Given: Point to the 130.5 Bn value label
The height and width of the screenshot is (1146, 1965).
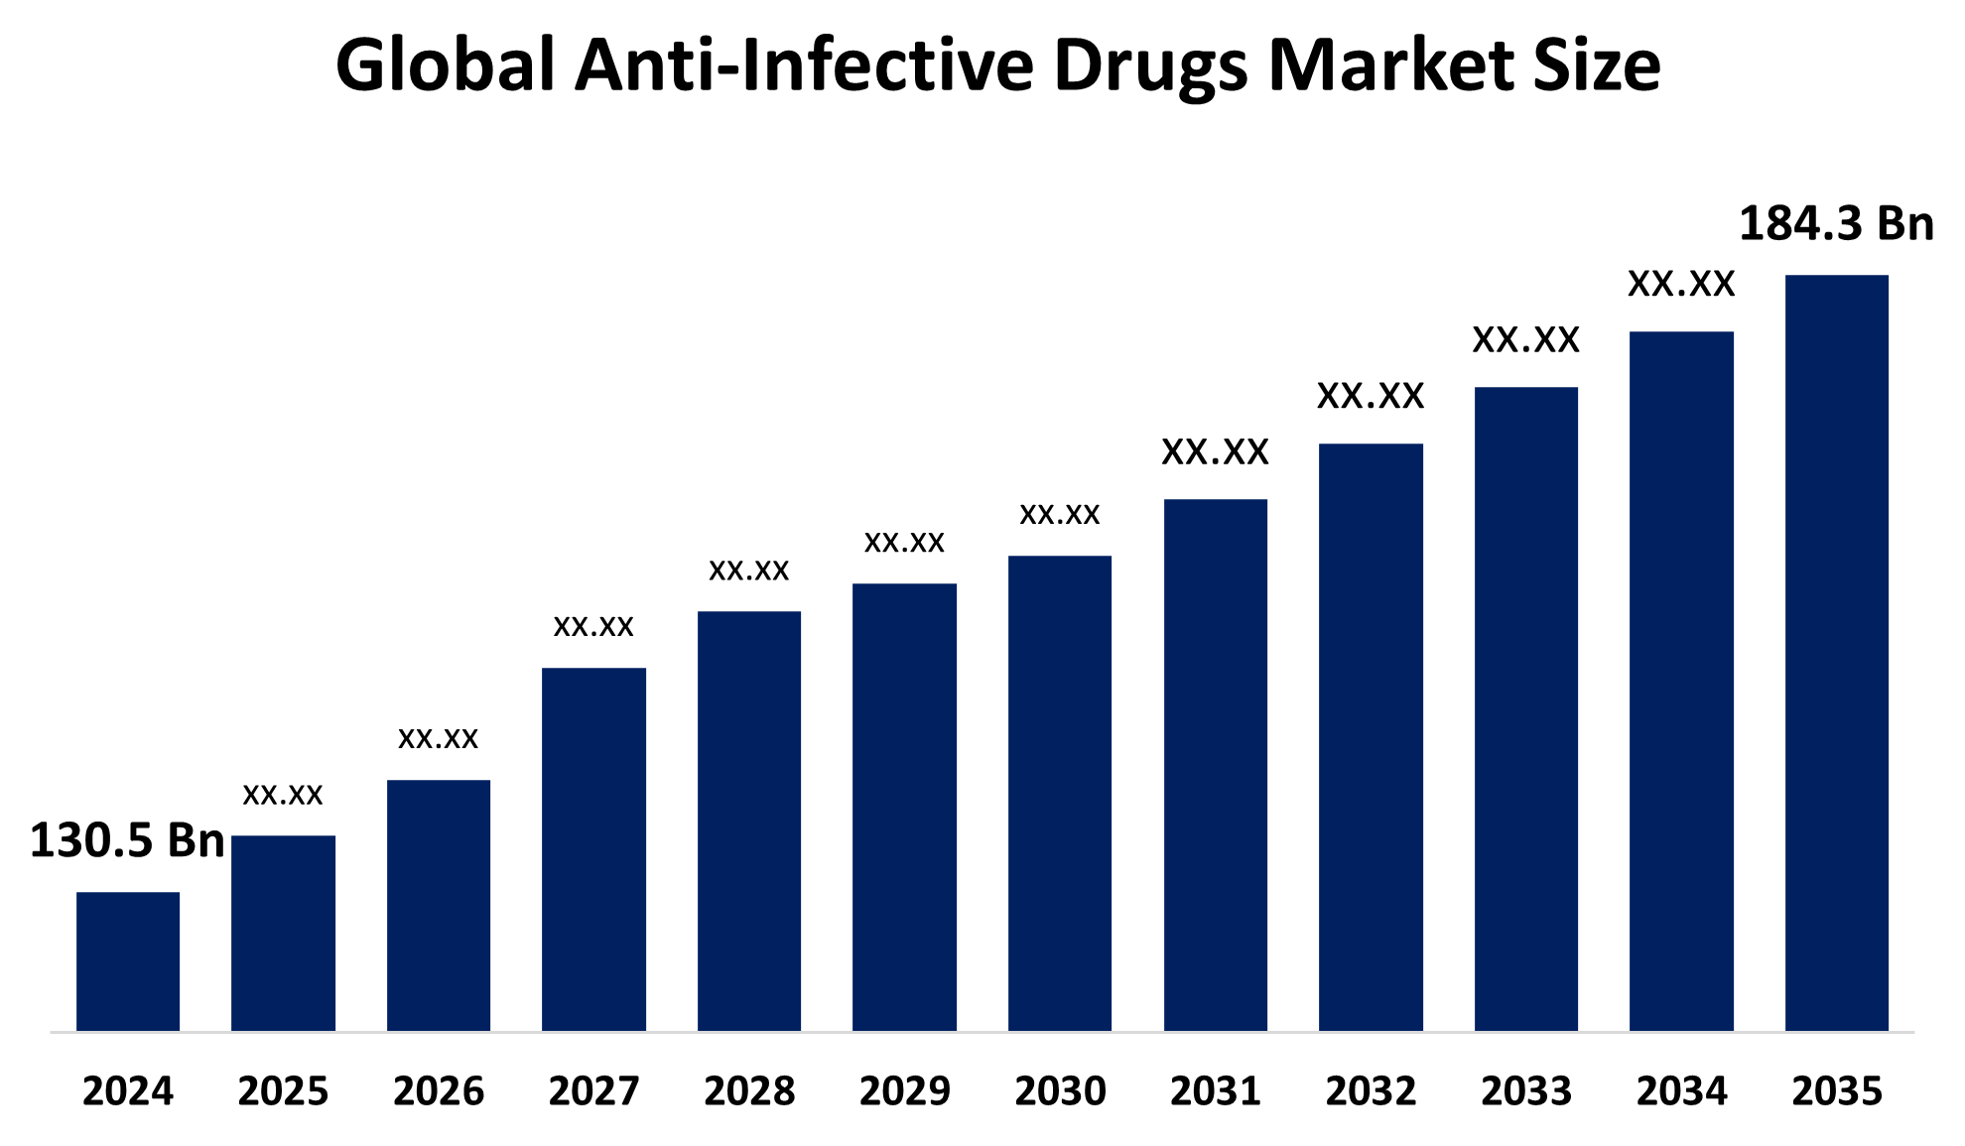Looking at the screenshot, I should coord(127,840).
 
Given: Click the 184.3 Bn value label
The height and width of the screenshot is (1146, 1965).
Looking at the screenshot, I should coord(1836,223).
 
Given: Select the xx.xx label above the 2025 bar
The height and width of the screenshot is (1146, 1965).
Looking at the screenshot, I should coord(283,794).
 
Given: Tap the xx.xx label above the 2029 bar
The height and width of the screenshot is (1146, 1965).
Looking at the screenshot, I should coord(904,542).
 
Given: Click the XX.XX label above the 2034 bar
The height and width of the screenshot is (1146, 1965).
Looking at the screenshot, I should coord(1681,285).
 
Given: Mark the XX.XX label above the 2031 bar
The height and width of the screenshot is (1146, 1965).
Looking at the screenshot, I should coord(1215,452).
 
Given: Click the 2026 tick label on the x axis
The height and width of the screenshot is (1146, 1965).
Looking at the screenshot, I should coord(439,1091).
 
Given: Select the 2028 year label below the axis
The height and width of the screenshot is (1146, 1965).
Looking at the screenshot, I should coord(749,1091).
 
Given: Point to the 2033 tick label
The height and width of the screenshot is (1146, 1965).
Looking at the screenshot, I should coord(1526,1091).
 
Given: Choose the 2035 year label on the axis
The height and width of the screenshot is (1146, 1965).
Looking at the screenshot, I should coord(1837,1091).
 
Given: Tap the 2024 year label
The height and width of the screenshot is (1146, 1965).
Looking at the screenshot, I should coord(128,1091).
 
